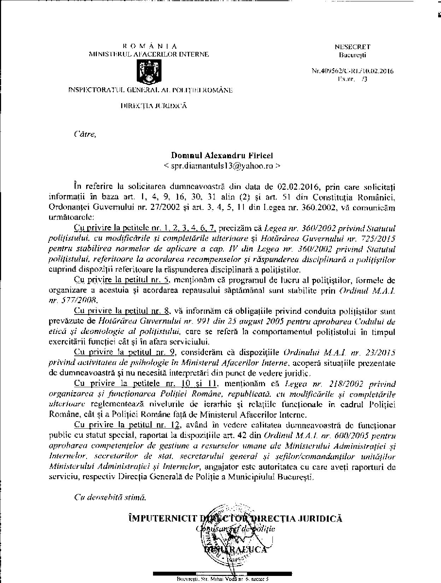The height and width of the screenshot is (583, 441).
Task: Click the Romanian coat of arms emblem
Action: coord(148,71)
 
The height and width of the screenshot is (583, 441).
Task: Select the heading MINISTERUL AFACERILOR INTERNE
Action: coord(149,54)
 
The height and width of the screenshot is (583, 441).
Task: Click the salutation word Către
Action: coord(85,134)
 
